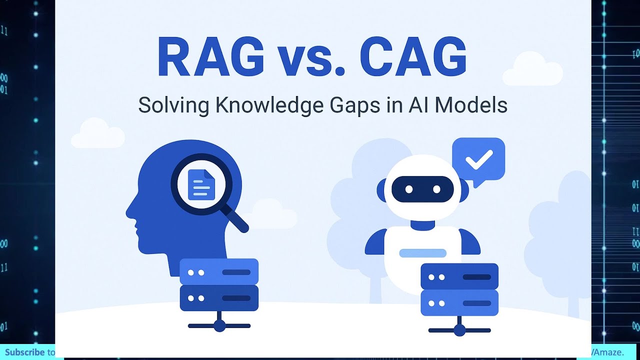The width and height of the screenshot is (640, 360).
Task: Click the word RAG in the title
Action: [x=210, y=59]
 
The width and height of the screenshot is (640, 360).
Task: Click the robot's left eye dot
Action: [x=409, y=189]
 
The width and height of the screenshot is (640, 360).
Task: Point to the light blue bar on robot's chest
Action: [x=422, y=253]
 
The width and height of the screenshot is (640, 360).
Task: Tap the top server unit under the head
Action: [x=219, y=272]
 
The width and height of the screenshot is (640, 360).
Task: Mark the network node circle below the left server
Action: [x=219, y=326]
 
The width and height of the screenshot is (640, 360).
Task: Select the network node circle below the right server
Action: [x=459, y=330]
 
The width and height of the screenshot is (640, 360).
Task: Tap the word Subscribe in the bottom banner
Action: [x=25, y=352]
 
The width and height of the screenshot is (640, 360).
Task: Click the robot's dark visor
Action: [x=422, y=189]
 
